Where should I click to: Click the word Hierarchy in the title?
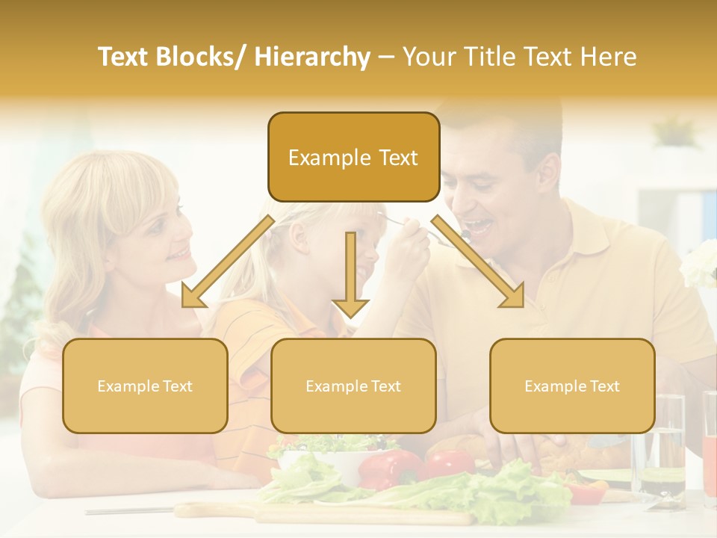point(312,57)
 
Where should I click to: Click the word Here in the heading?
point(606,57)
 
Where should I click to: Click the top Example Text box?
point(353,158)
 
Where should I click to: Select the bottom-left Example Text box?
point(145,386)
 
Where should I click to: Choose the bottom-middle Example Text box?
point(353,386)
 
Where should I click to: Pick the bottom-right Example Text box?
point(572,386)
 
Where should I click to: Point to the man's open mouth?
point(479,225)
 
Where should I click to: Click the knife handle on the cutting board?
point(209,510)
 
